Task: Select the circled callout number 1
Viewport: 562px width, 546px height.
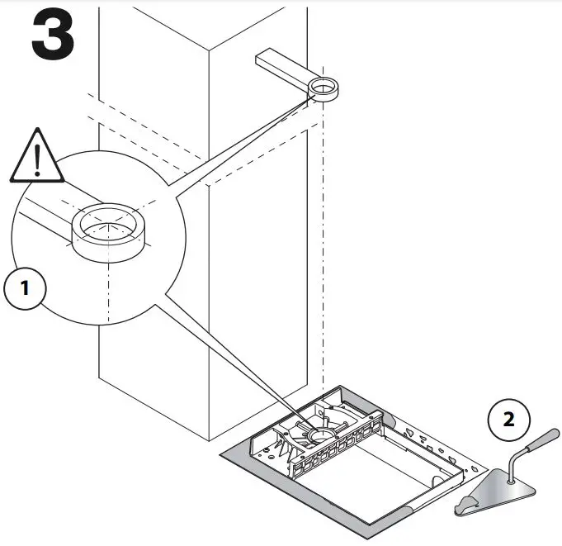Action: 24,288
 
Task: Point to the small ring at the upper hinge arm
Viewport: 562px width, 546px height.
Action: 325,88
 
